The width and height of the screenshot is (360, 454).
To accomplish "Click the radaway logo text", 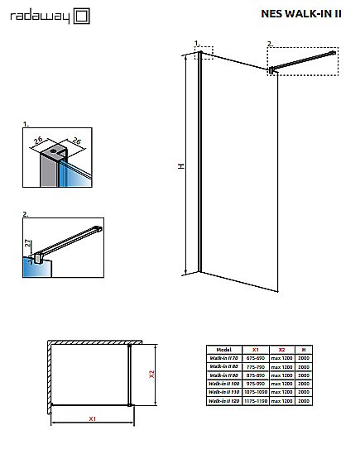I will pos(35,14).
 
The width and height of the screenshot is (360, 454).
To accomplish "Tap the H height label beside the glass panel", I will pos(180,166).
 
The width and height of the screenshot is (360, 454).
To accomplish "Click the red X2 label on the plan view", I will pos(151,374).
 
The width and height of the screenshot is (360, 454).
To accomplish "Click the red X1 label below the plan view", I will pos(93,419).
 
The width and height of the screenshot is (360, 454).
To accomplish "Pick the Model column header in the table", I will pos(223,350).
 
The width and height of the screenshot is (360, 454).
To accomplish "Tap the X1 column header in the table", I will pos(256,350).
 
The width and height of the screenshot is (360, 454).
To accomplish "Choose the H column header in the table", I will pos(304,350).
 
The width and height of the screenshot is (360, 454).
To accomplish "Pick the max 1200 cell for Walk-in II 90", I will pos(281,375).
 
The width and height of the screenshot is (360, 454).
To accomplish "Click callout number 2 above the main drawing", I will pos(270,42).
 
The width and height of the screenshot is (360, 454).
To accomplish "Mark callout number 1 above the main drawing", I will pos(196,42).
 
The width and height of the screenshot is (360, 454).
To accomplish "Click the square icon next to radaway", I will pos(80,14).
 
